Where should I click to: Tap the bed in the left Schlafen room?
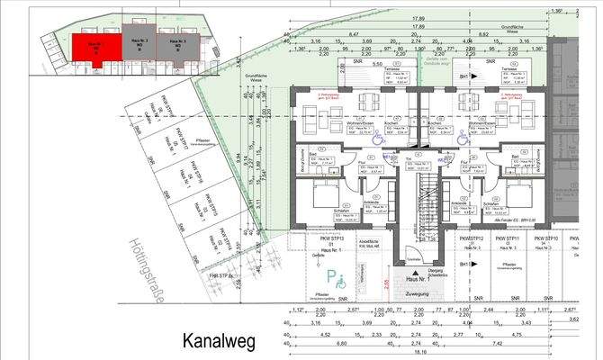click(321, 195)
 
